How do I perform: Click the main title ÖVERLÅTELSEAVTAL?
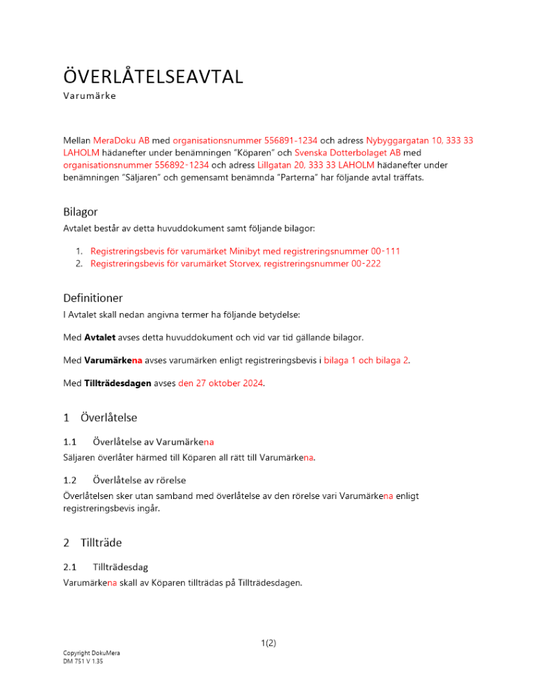(153, 76)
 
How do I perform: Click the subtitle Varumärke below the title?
(90, 96)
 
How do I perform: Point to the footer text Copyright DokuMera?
(90, 653)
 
